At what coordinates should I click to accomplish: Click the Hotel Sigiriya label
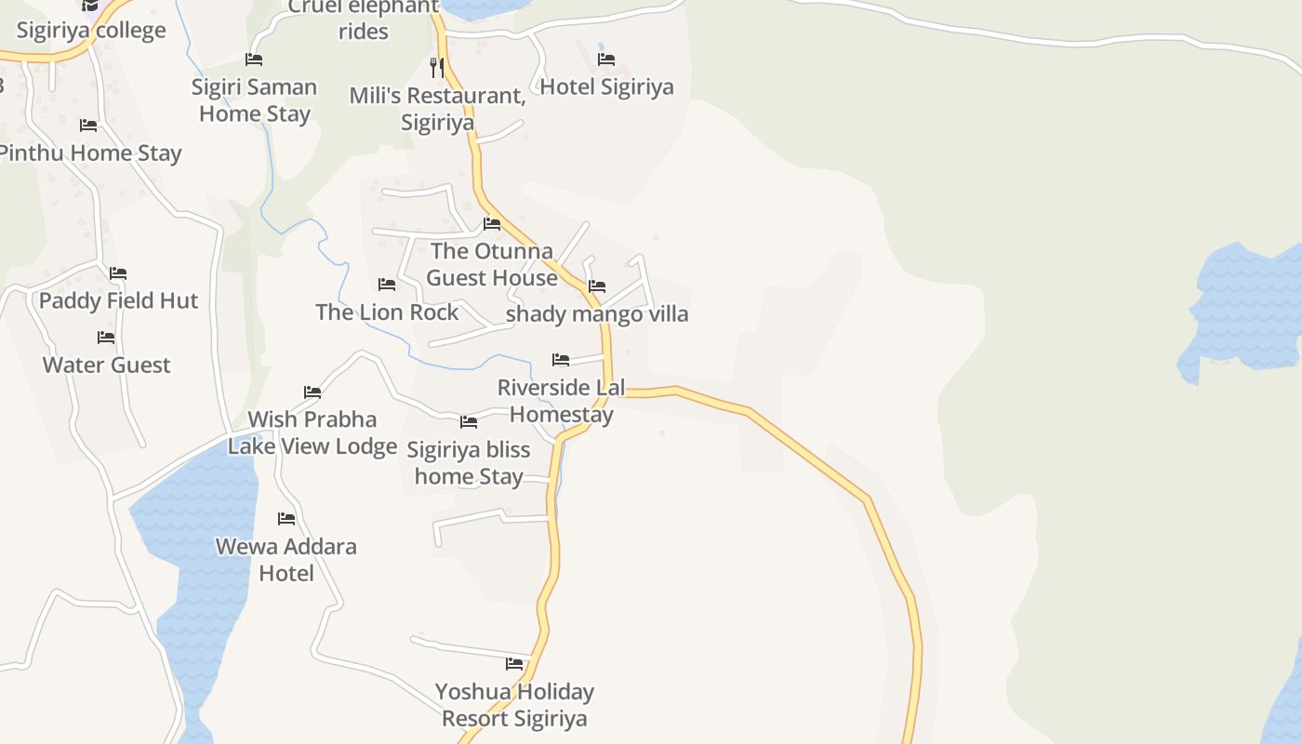[x=606, y=86]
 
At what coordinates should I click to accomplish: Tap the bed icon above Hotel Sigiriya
[x=606, y=60]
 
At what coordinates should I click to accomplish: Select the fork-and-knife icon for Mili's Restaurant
[x=437, y=67]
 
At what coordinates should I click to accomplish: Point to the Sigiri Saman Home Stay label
[x=255, y=100]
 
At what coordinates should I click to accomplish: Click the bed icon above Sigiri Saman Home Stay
[x=254, y=60]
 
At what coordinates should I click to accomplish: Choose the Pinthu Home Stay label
[x=90, y=153]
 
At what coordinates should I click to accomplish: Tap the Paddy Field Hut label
[x=118, y=300]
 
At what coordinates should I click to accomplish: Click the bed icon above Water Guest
[x=106, y=337]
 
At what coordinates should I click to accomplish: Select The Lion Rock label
[x=387, y=312]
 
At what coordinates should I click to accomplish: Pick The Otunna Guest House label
[x=492, y=264]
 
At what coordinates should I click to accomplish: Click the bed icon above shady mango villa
[x=597, y=286]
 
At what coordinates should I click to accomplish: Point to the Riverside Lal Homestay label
[x=562, y=401]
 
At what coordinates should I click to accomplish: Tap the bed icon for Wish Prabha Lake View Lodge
[x=312, y=392]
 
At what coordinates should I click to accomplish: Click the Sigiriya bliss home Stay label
[x=469, y=463]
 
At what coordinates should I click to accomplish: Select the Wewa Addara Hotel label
[x=286, y=559]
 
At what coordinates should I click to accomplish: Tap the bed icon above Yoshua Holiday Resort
[x=514, y=664]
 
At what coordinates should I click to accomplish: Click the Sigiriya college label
[x=91, y=30]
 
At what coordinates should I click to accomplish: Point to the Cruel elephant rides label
[x=364, y=19]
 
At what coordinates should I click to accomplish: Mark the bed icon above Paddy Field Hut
[x=118, y=273]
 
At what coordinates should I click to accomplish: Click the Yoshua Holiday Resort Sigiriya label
[x=514, y=705]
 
